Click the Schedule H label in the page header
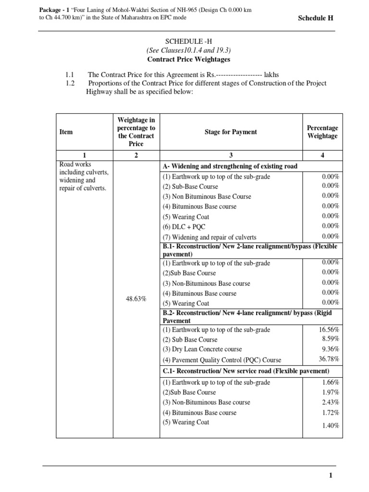coord(316,18)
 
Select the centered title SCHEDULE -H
coord(184,42)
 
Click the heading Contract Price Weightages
coord(184,60)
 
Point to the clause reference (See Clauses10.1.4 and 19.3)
coord(184,51)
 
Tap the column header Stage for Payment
coord(231,132)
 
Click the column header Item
coord(66,132)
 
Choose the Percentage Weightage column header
coord(322,132)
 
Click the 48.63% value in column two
coord(136,299)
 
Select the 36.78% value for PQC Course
coord(330,359)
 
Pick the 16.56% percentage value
coord(330,330)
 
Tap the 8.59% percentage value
coord(331,339)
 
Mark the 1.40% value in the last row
coord(331,425)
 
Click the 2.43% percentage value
coord(331,402)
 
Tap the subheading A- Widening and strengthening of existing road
coord(230,166)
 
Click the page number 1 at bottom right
coord(331,476)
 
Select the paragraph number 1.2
coord(70,83)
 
